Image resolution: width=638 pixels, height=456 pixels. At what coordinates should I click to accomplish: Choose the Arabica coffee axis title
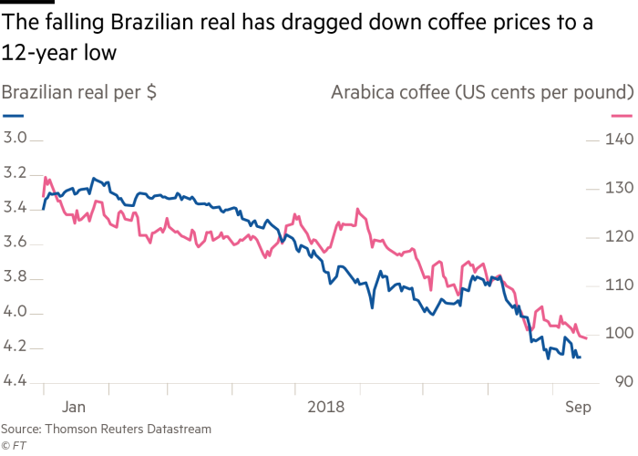482,93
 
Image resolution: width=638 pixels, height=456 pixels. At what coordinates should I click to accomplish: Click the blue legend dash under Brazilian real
13,117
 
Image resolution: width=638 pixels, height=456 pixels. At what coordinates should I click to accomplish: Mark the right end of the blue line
580,358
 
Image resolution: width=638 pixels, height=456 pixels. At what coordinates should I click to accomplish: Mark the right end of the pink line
586,338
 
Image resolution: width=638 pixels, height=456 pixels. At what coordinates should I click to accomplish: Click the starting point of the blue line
43,209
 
